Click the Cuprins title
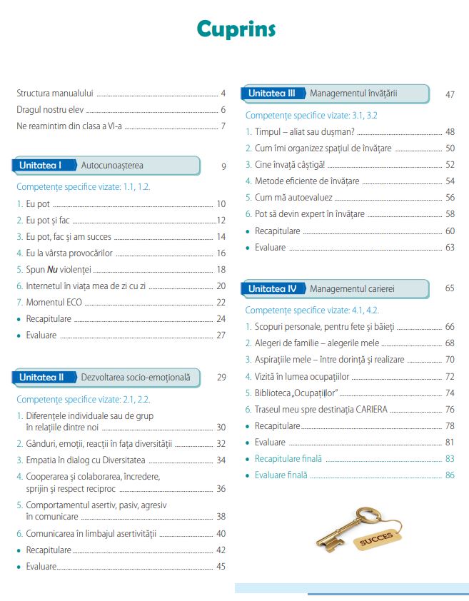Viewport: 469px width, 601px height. pos(236,29)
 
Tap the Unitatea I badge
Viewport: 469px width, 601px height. pos(41,166)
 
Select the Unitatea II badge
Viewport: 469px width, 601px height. pos(41,377)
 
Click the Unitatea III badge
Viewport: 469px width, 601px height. pos(272,94)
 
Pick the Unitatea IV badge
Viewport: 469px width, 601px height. pos(272,289)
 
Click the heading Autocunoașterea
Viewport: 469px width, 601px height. pos(113,166)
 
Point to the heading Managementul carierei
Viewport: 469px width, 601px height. pos(352,289)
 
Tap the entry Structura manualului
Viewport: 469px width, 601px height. pos(56,93)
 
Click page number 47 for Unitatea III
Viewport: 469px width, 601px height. pos(450,94)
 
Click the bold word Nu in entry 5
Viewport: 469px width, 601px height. pos(56,270)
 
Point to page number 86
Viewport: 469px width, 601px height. pos(450,475)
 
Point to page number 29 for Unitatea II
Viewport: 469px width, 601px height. pos(221,378)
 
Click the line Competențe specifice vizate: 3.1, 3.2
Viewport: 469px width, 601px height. pos(311,115)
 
